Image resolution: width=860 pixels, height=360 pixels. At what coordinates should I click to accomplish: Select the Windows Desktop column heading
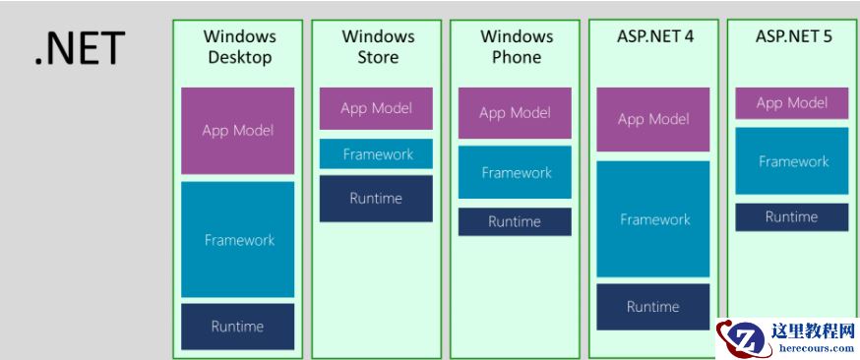click(x=239, y=46)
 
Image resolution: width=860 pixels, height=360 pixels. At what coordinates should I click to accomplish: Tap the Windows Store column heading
click(x=377, y=46)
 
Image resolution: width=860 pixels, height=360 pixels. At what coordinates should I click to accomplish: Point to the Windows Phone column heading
click(x=516, y=46)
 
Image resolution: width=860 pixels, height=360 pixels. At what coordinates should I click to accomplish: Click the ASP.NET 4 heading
click(x=654, y=37)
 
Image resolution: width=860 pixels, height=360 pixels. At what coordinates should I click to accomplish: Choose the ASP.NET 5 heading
click(x=792, y=37)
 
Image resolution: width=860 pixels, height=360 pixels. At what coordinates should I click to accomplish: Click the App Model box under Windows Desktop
click(x=237, y=131)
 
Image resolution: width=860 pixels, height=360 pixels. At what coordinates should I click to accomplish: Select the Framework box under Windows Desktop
click(x=237, y=239)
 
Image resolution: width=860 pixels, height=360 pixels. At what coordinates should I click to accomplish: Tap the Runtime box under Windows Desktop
click(x=237, y=327)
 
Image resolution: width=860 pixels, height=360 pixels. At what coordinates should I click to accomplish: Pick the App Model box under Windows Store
click(x=376, y=108)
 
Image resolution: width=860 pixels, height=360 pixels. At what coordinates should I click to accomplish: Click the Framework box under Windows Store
click(x=376, y=154)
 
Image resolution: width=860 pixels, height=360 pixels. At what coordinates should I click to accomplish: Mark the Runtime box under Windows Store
click(x=376, y=199)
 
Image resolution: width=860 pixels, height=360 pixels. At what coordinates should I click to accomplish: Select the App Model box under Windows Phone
click(x=515, y=113)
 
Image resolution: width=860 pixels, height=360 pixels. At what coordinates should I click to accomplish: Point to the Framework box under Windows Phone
click(x=515, y=173)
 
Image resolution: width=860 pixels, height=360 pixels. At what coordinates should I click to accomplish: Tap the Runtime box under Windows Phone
click(x=515, y=222)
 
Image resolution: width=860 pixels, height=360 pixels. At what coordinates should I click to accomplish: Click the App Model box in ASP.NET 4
click(x=652, y=120)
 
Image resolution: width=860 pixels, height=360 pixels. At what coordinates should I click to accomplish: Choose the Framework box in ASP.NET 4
click(x=652, y=219)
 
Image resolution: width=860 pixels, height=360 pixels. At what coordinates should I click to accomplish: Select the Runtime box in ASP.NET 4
click(x=652, y=307)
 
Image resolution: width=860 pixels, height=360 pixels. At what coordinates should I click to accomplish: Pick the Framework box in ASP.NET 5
click(x=792, y=161)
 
